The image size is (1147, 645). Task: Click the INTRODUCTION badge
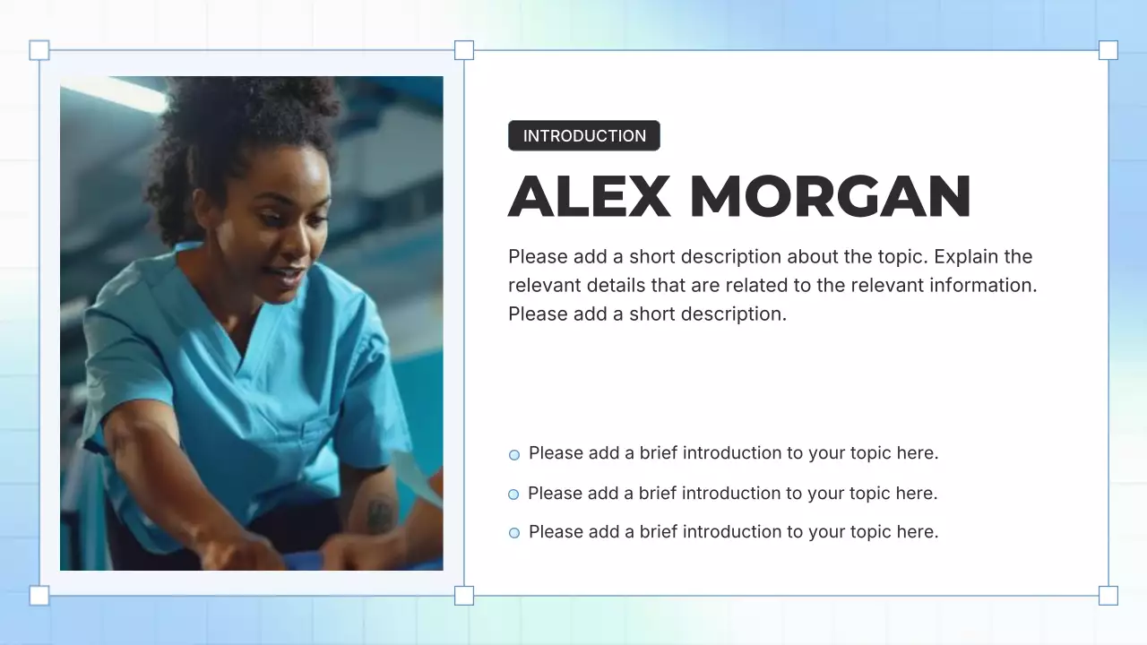click(583, 136)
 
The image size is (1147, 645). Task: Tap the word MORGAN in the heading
click(831, 196)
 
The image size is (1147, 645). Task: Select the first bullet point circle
click(514, 455)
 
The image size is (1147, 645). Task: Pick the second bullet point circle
click(513, 494)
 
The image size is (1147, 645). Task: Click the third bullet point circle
click(514, 533)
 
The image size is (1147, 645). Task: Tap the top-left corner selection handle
click(39, 50)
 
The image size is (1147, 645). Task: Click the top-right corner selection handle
click(1108, 50)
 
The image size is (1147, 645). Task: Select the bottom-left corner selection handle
click(39, 596)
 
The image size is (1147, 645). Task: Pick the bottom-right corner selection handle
click(1108, 596)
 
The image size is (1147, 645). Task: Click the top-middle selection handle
click(464, 50)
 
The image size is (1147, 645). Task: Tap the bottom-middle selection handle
click(464, 596)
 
